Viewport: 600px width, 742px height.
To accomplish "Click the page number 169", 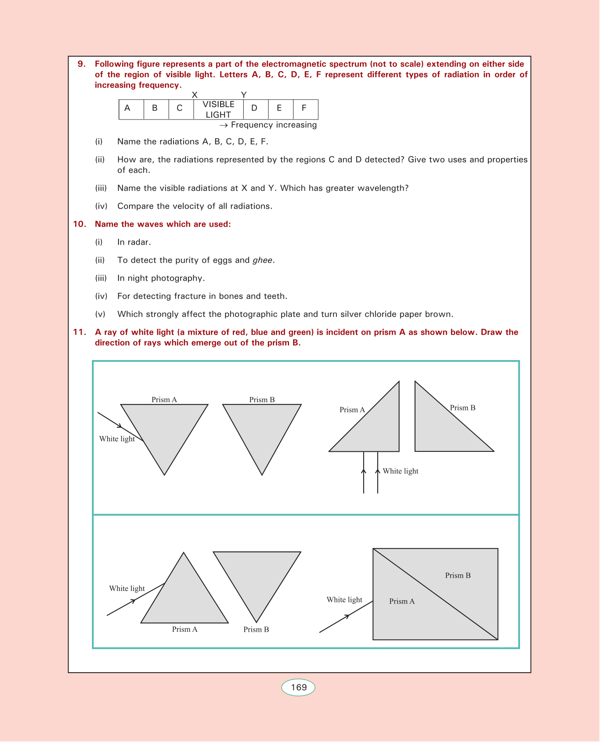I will (299, 688).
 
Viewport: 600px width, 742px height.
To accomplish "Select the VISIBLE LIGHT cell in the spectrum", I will (218, 109).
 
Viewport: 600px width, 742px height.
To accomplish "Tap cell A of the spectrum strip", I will (127, 108).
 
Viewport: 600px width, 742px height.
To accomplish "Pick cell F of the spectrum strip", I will (304, 108).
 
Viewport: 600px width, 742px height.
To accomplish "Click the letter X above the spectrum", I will (195, 95).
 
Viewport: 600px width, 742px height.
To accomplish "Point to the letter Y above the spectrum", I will (244, 95).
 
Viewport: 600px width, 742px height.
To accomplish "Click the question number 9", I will (81, 64).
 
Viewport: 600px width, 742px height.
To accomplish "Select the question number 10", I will (80, 224).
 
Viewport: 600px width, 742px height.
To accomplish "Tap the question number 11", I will (80, 332).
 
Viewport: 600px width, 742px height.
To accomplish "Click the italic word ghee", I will (263, 260).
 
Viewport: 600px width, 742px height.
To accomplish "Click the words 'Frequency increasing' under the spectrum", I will (274, 125).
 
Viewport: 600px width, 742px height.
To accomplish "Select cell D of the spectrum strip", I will (254, 108).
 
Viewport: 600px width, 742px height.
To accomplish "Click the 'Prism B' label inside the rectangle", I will (458, 576).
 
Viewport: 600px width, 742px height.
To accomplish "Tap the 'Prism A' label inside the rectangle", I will (402, 602).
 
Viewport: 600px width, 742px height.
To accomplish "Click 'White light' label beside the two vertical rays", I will (401, 471).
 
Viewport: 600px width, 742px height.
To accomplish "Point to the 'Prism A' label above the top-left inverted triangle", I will (164, 400).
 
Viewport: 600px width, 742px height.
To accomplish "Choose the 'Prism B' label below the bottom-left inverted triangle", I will (256, 630).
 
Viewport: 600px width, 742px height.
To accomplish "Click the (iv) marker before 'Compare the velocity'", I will (101, 206).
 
